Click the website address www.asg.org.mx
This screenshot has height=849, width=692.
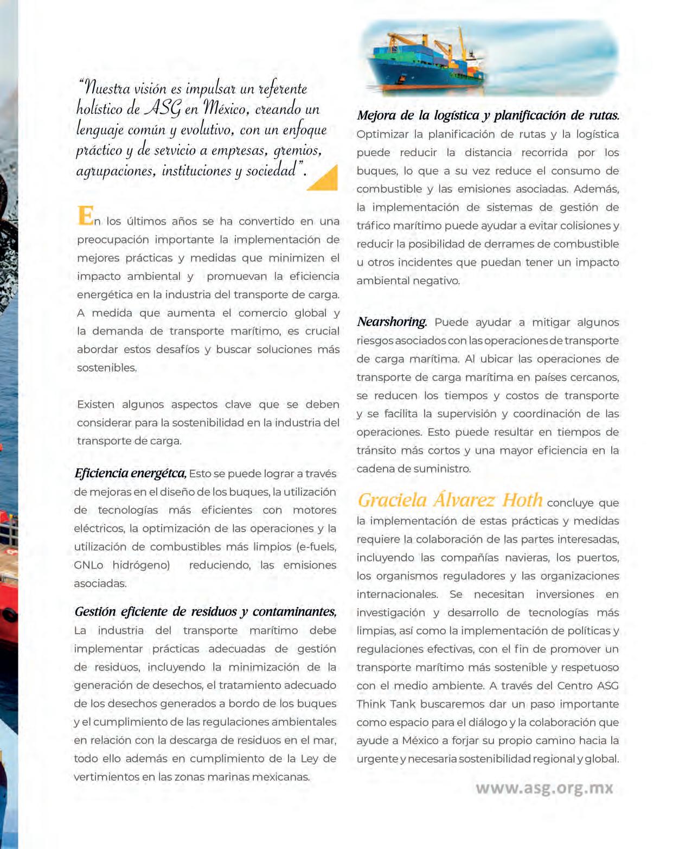(x=544, y=788)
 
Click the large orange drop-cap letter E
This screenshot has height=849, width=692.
(x=85, y=215)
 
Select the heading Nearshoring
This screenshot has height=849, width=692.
(x=392, y=322)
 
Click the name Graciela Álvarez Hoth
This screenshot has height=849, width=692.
(x=450, y=500)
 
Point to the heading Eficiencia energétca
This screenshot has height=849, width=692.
(x=130, y=473)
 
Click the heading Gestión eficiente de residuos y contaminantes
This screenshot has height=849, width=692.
(x=205, y=611)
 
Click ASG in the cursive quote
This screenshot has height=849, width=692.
(x=162, y=109)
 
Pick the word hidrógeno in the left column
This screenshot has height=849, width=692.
(x=141, y=565)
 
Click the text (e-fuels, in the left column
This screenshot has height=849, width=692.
(x=316, y=547)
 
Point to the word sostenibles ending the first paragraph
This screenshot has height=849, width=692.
(x=107, y=368)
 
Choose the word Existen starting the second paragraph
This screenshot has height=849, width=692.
(x=96, y=405)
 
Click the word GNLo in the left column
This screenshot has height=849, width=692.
(x=88, y=565)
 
